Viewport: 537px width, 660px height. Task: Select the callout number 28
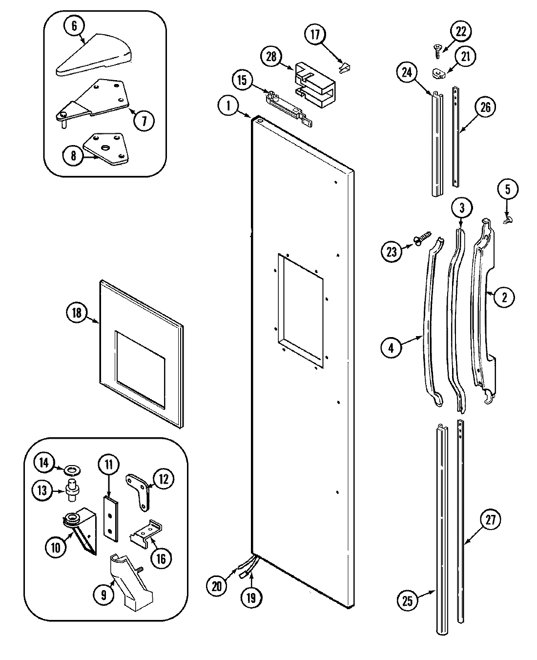[271, 57]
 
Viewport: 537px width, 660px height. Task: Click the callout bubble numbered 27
[490, 520]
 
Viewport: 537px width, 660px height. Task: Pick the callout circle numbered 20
[217, 585]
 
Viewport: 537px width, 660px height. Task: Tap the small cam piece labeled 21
[439, 73]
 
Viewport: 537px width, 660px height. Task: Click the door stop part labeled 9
[132, 581]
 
